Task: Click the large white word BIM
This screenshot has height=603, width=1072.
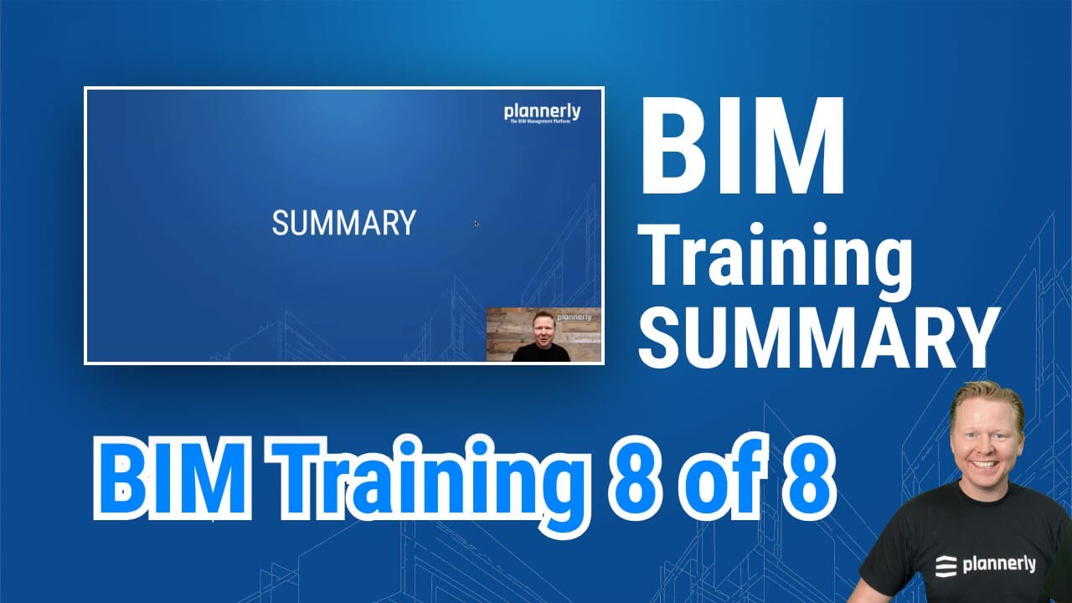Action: (742, 147)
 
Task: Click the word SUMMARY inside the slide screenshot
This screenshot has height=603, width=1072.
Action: (343, 224)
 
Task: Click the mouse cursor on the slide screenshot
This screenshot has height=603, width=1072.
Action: (477, 224)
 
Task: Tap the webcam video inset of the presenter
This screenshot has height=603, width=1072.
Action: (544, 334)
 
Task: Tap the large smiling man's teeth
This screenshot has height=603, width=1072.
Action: (985, 463)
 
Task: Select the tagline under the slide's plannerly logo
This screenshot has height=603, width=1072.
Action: (544, 122)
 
